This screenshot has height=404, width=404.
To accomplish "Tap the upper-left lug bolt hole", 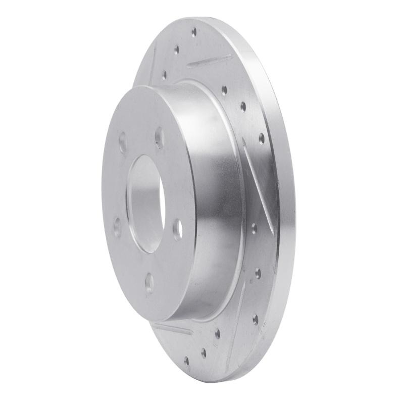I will (123, 139).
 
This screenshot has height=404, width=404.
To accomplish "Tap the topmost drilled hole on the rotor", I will (194, 32).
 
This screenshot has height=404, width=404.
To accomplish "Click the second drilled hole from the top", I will (176, 50).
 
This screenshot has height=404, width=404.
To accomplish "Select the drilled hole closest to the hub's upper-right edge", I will (224, 91).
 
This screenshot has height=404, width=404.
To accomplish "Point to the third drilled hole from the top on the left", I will (164, 74).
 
